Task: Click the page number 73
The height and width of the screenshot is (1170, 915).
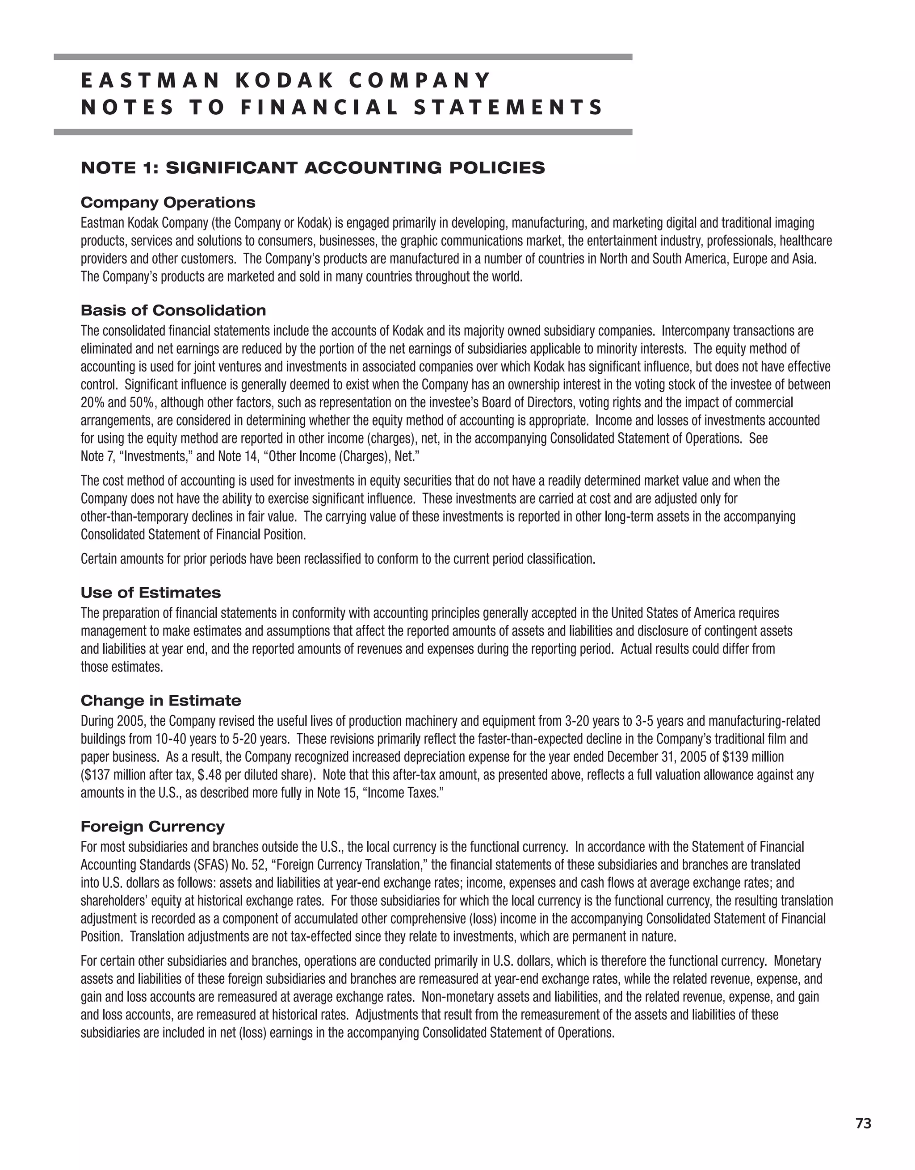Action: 863,1119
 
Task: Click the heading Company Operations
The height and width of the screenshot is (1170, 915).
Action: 168,202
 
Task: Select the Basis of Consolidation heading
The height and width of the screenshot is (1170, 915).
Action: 173,310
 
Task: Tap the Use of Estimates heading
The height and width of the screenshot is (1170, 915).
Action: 151,593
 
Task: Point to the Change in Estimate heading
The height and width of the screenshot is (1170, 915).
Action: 161,701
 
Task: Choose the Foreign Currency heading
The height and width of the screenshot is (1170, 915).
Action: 152,827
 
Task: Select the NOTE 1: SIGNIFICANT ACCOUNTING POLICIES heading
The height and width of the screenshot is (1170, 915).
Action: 312,168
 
